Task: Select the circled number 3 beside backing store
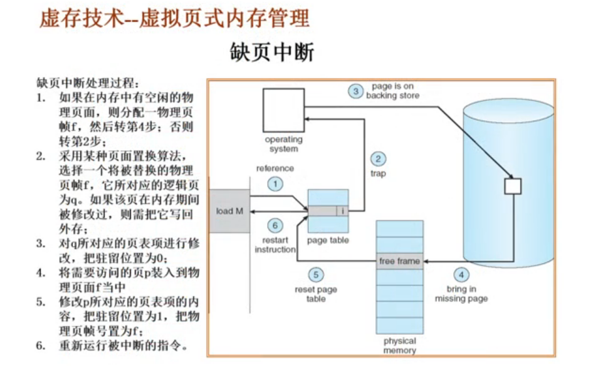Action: (355, 91)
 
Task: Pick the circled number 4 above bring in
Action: (461, 274)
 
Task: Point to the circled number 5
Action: (316, 274)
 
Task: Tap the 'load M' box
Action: (229, 211)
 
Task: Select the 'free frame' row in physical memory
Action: (399, 261)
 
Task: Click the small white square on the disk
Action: (513, 186)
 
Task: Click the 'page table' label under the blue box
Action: (328, 240)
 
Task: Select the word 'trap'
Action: (378, 174)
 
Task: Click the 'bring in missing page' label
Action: (461, 294)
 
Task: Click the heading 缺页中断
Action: (273, 53)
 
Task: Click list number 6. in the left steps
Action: (41, 345)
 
